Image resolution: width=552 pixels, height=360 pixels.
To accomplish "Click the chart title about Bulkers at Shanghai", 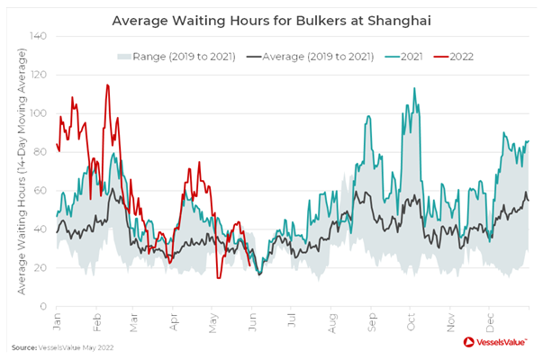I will [276, 20].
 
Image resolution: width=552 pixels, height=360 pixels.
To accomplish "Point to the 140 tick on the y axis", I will [40, 37].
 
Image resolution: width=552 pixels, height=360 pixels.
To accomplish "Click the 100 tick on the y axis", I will [40, 113].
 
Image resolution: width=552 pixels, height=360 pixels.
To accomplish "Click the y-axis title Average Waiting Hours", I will [21, 171].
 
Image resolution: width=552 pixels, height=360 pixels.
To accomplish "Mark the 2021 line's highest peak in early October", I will [414, 88].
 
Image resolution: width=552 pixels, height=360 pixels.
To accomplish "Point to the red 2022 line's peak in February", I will [107, 85].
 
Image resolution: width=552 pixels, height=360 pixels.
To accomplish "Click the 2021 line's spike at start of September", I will [369, 116].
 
